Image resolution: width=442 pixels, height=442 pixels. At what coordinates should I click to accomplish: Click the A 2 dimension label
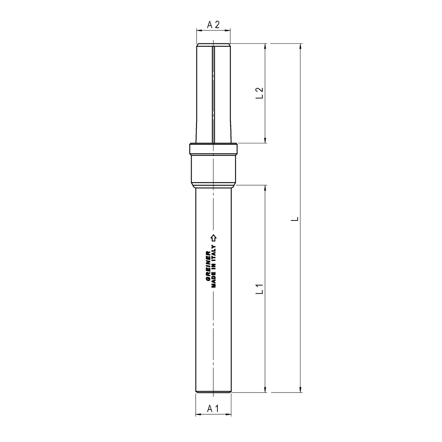tap(213, 25)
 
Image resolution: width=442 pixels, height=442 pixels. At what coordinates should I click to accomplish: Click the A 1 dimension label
tap(213, 408)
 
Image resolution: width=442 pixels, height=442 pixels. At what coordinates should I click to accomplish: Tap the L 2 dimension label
tap(259, 93)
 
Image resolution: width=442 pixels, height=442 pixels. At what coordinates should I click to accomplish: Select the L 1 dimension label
tap(259, 289)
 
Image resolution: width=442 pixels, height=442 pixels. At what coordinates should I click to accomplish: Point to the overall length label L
tap(295, 219)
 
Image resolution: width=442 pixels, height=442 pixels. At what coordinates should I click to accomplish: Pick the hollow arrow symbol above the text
tap(214, 238)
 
